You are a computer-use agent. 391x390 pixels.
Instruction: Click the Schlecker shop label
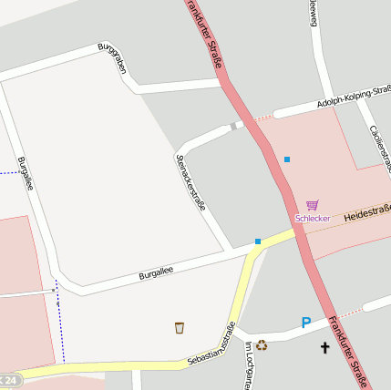312,218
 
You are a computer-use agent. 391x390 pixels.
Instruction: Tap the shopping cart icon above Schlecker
313,205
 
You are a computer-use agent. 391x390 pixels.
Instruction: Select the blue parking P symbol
306,323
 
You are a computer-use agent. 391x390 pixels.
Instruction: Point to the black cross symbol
324,347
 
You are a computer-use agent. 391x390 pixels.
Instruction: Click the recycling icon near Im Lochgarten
262,344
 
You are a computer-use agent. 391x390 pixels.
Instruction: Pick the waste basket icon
180,327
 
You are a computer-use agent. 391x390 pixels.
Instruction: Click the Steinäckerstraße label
190,181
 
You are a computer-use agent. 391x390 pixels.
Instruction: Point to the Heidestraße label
366,214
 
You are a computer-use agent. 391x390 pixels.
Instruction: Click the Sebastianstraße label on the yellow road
211,345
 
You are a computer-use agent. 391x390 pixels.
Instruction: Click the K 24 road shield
8,379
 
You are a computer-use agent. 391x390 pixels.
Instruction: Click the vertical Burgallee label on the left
25,173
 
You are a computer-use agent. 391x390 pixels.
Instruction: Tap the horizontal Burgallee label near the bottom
156,272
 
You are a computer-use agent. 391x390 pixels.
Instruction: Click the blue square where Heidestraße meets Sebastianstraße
258,241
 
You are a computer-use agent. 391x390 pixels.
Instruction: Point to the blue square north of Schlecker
287,159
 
